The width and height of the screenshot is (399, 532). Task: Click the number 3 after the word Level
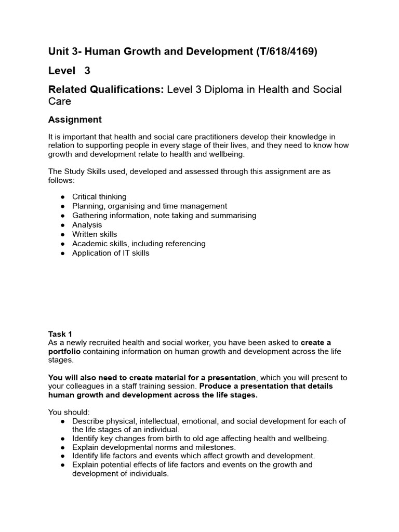coord(87,71)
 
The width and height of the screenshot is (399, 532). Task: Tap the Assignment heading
coord(75,119)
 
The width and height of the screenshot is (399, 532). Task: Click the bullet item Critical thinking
coord(99,196)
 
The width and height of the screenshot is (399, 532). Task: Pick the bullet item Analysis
coord(87,225)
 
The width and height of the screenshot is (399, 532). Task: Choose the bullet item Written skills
coord(95,234)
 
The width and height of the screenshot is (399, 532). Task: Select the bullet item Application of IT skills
coord(111,253)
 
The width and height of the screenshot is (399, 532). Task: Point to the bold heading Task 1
coord(60,334)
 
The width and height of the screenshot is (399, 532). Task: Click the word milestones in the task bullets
coord(214,447)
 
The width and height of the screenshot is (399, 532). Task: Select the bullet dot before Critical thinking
coord(63,197)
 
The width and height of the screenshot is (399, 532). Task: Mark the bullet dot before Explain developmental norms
coord(63,447)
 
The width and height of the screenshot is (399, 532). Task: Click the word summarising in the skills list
coord(232,216)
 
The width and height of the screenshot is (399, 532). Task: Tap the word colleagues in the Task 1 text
coord(84,386)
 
